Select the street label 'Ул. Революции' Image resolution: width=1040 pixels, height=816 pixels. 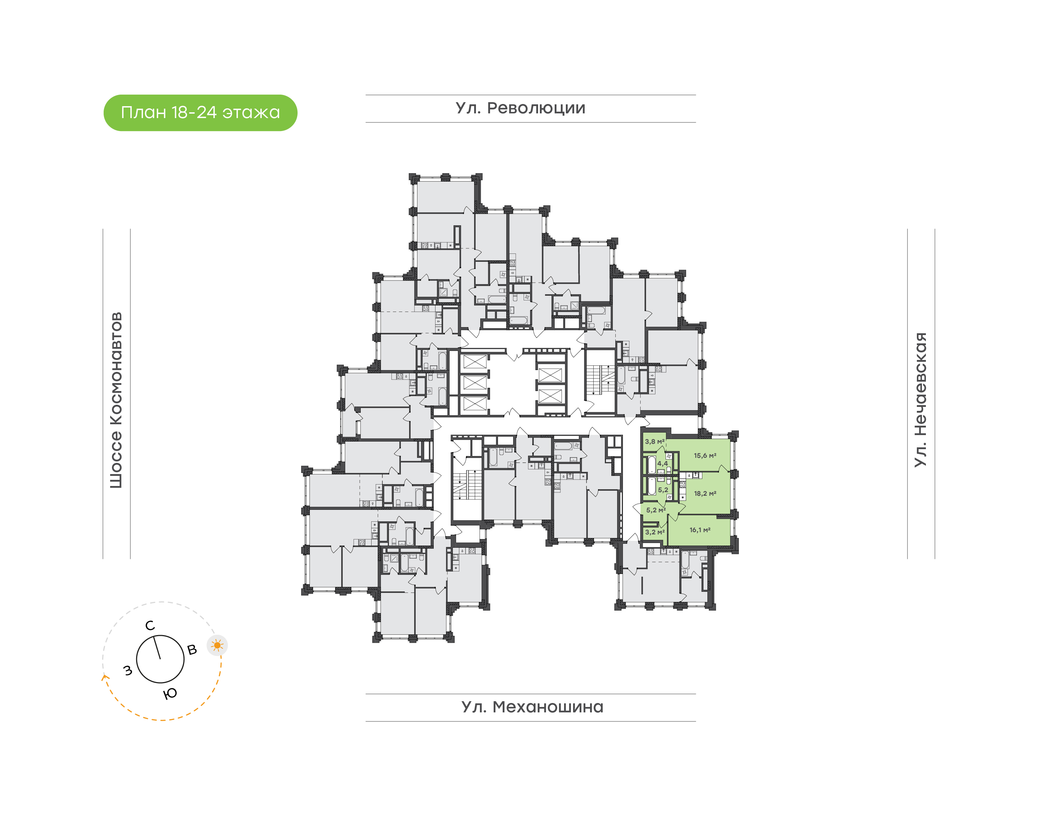(520, 108)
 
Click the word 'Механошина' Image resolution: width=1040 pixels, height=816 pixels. (548, 707)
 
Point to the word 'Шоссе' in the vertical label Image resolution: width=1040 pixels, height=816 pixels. (116, 459)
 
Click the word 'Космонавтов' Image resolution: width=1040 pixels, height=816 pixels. (116, 368)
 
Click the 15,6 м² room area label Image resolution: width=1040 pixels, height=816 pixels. (705, 456)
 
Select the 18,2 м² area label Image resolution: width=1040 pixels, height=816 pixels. (705, 494)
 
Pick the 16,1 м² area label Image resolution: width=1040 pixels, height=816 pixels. (699, 530)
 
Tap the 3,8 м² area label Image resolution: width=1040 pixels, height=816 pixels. (654, 442)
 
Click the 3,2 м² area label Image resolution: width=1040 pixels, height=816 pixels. (654, 532)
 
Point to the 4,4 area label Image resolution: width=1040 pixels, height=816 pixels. (662, 463)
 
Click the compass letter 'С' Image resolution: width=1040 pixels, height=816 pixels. (150, 626)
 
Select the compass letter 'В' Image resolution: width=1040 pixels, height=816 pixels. (192, 650)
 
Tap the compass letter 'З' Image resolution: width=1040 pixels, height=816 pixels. (127, 671)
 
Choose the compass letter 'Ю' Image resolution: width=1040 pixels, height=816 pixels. (170, 694)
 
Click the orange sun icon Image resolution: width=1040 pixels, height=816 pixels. (217, 646)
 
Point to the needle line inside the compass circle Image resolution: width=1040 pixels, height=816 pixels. (157, 647)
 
